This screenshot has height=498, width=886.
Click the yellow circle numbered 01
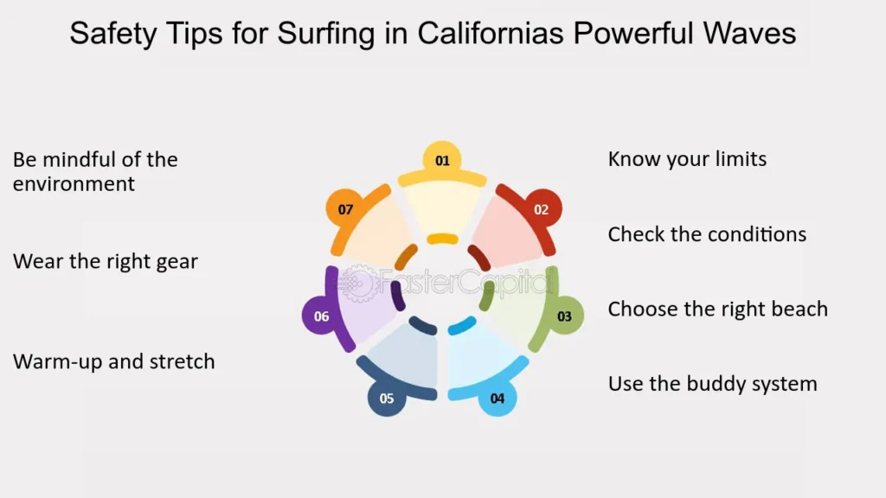tap(442, 160)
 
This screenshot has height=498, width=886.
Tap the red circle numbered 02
tap(542, 209)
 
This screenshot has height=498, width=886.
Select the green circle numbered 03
tap(564, 316)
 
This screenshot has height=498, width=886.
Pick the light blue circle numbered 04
tap(498, 398)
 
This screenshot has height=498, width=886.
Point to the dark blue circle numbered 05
tap(387, 398)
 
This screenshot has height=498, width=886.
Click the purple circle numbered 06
tap(321, 316)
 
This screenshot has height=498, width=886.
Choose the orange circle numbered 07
tap(345, 209)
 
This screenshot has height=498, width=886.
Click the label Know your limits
tap(687, 160)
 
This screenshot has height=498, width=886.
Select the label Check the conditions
tap(707, 234)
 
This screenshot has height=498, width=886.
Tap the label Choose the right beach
tap(717, 310)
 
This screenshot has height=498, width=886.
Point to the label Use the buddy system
tap(713, 384)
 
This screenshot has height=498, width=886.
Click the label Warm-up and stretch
tap(113, 362)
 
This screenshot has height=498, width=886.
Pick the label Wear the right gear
tap(105, 262)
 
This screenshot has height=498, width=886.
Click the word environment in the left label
tap(74, 184)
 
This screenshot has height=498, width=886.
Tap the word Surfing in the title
tap(326, 34)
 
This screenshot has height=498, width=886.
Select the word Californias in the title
tap(491, 33)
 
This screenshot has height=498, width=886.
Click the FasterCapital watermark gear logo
tap(357, 283)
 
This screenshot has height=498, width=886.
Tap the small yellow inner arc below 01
tap(442, 239)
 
